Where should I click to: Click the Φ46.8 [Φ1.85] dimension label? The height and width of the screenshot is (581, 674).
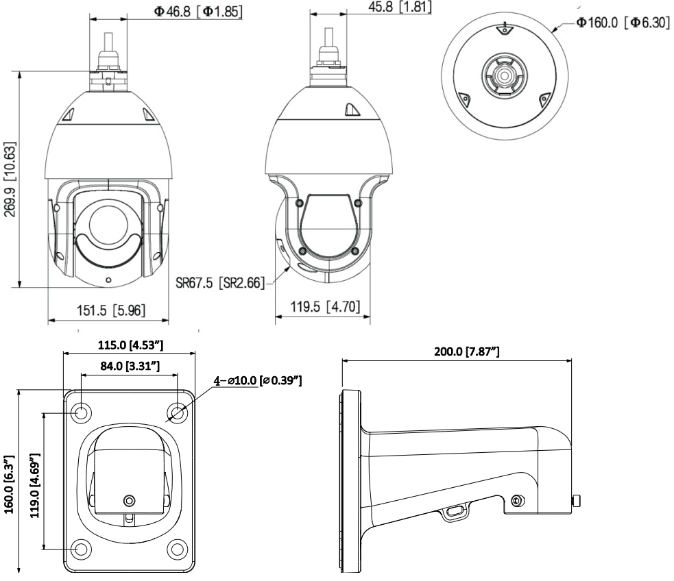[198, 11]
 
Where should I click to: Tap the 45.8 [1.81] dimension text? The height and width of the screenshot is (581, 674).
[400, 7]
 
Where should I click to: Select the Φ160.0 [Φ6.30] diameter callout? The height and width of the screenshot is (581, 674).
[623, 23]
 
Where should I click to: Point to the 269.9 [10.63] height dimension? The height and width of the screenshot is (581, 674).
[10, 179]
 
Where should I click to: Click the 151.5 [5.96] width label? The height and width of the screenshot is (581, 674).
[111, 310]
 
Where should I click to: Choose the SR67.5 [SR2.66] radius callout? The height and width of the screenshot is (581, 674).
[220, 282]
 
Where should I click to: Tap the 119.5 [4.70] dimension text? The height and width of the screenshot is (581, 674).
[325, 307]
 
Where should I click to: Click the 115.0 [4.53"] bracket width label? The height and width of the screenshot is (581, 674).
[131, 345]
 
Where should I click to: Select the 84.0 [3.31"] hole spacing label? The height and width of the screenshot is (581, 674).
[130, 366]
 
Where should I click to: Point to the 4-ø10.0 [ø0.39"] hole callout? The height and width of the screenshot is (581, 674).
[258, 380]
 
